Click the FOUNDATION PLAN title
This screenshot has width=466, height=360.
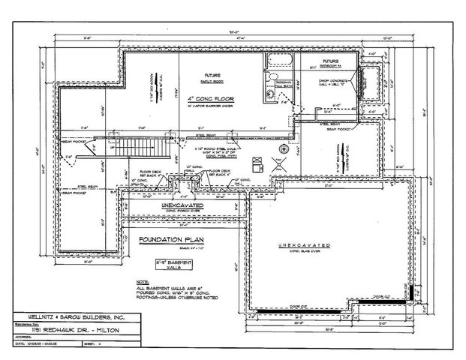click(172, 240)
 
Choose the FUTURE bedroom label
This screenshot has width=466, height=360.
click(330, 61)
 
